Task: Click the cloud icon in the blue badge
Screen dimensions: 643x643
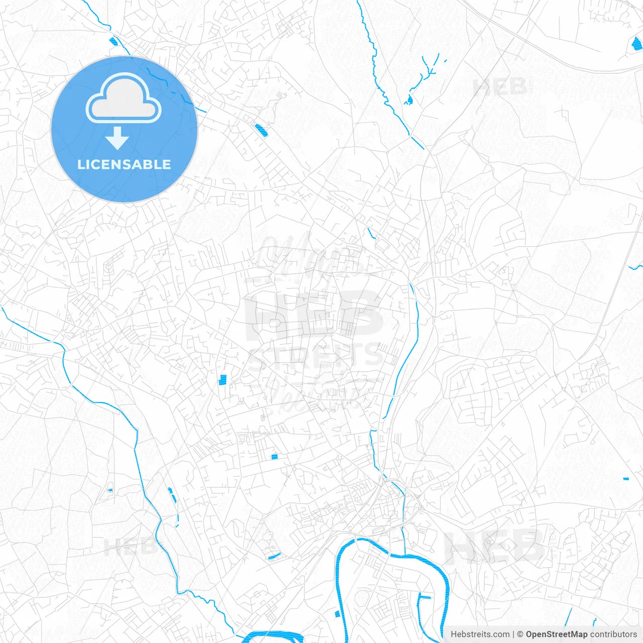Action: [x=124, y=99]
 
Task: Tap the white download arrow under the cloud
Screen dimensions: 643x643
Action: [x=117, y=138]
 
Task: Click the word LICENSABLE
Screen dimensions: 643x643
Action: [x=124, y=164]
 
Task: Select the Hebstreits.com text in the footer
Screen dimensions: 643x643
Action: [x=480, y=634]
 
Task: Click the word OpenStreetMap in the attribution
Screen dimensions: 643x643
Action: [x=556, y=634]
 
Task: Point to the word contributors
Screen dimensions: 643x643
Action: [x=613, y=634]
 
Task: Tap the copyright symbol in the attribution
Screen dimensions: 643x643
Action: [x=520, y=634]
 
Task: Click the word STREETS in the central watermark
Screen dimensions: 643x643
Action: [x=315, y=356]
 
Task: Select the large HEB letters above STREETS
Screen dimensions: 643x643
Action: [x=314, y=314]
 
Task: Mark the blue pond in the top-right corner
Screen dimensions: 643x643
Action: [x=636, y=44]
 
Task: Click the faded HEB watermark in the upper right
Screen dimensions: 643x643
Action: [x=500, y=87]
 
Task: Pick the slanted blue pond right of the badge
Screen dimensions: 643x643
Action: [x=260, y=130]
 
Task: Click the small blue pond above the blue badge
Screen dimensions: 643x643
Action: [x=112, y=41]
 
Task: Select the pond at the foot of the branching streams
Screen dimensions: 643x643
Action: [x=409, y=100]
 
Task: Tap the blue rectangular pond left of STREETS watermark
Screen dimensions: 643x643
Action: [x=223, y=380]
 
